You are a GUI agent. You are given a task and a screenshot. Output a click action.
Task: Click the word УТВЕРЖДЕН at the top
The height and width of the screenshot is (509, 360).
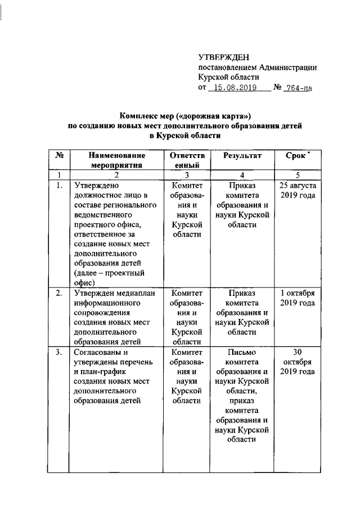pos(223,57)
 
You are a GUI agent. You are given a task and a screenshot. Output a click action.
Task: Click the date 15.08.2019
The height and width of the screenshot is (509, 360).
pos(232,88)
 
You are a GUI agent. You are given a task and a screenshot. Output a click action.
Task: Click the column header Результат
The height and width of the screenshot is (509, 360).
pos(242,155)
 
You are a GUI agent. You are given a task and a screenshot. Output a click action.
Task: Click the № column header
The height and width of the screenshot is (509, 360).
pos(59,155)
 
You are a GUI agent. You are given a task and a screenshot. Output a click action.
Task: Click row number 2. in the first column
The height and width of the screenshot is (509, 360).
pos(59,294)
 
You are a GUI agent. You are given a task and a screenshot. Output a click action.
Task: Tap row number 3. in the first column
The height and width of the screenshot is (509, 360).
pos(59,353)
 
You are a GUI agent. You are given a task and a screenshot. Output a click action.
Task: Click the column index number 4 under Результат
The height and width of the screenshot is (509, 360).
pos(242,174)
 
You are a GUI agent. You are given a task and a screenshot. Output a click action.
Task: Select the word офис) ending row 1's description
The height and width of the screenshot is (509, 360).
pos(84,283)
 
